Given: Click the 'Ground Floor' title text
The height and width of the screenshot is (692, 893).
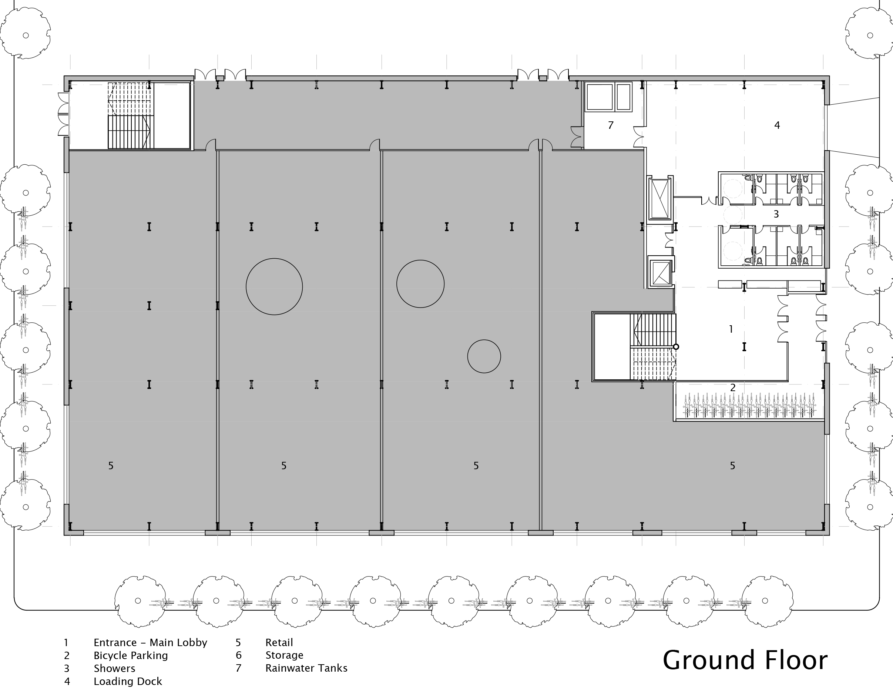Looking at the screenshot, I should point(745,660).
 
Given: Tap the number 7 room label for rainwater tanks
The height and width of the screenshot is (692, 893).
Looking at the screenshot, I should point(611,125).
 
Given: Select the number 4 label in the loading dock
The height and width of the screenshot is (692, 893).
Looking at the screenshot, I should point(777,125).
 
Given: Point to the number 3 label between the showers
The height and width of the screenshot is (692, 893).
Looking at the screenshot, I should point(776,214).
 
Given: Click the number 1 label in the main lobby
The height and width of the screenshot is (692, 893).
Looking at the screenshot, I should point(731,329).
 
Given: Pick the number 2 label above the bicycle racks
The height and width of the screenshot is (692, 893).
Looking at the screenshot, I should point(733,387).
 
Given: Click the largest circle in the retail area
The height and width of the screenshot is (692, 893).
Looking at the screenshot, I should point(274,286).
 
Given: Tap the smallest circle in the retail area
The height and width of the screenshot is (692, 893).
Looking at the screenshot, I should point(484,356).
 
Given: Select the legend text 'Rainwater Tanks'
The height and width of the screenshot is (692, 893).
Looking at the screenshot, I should point(306,668).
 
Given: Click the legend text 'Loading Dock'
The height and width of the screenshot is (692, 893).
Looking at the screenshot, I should point(128,681).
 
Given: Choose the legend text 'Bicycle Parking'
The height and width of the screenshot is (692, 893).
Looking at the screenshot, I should point(130,656).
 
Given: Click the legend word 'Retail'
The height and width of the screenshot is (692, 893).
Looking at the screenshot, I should point(279,642).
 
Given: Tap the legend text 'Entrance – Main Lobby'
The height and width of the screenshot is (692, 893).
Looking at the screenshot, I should point(150,642).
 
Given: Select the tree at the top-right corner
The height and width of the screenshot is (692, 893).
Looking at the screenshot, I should point(870,35).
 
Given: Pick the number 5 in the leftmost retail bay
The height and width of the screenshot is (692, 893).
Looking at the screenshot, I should point(110,466).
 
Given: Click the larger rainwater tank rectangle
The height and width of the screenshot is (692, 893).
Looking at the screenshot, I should point(600,97).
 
